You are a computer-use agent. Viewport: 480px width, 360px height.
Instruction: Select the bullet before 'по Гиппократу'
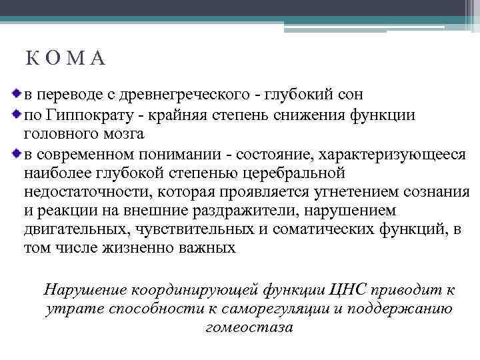(x=18, y=114)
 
